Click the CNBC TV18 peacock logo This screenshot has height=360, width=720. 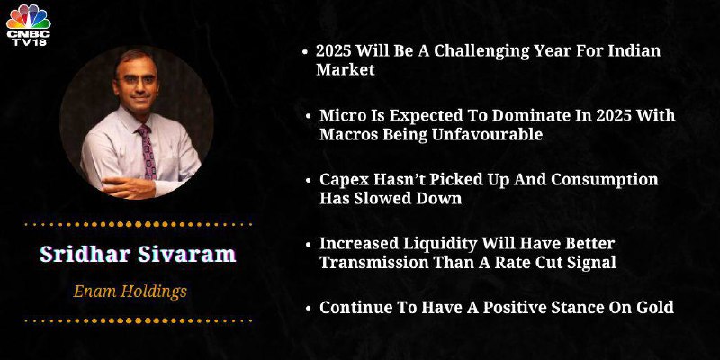28,25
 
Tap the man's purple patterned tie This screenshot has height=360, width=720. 147,151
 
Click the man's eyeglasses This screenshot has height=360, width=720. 136,80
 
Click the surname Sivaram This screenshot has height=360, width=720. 187,254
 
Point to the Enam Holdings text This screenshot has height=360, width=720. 130,291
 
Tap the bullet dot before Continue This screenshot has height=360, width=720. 309,308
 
